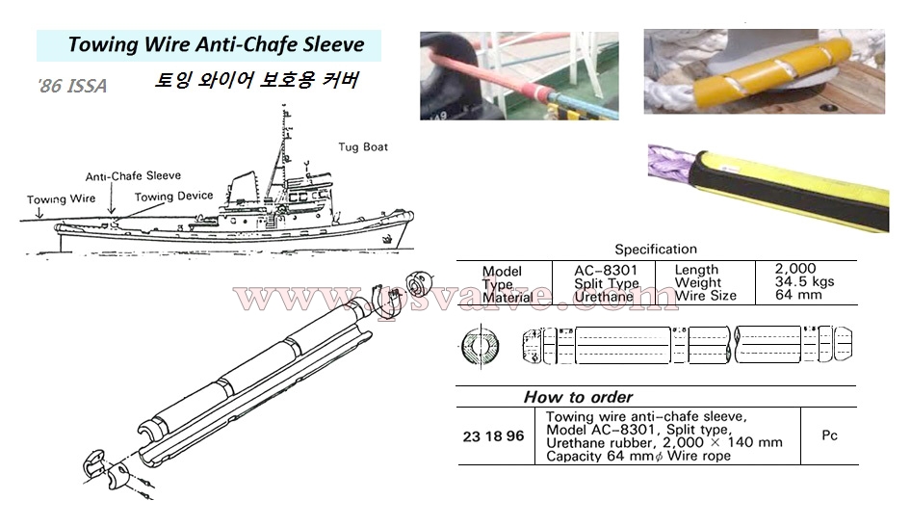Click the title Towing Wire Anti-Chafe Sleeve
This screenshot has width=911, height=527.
point(216,44)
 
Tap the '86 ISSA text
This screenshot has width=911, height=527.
point(73,87)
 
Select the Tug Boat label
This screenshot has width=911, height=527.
point(363,147)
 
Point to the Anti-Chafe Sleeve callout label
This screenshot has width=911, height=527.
point(133,176)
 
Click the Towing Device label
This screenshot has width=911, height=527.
point(173,197)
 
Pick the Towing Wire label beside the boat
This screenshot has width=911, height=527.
point(61,199)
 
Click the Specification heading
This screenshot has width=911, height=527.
point(656,249)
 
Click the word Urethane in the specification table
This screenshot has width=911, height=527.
point(603,297)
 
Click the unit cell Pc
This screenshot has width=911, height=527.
point(829,435)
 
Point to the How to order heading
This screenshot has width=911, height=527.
point(578,397)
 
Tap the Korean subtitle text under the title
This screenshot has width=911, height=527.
point(256,81)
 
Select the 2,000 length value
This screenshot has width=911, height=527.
point(795,269)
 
